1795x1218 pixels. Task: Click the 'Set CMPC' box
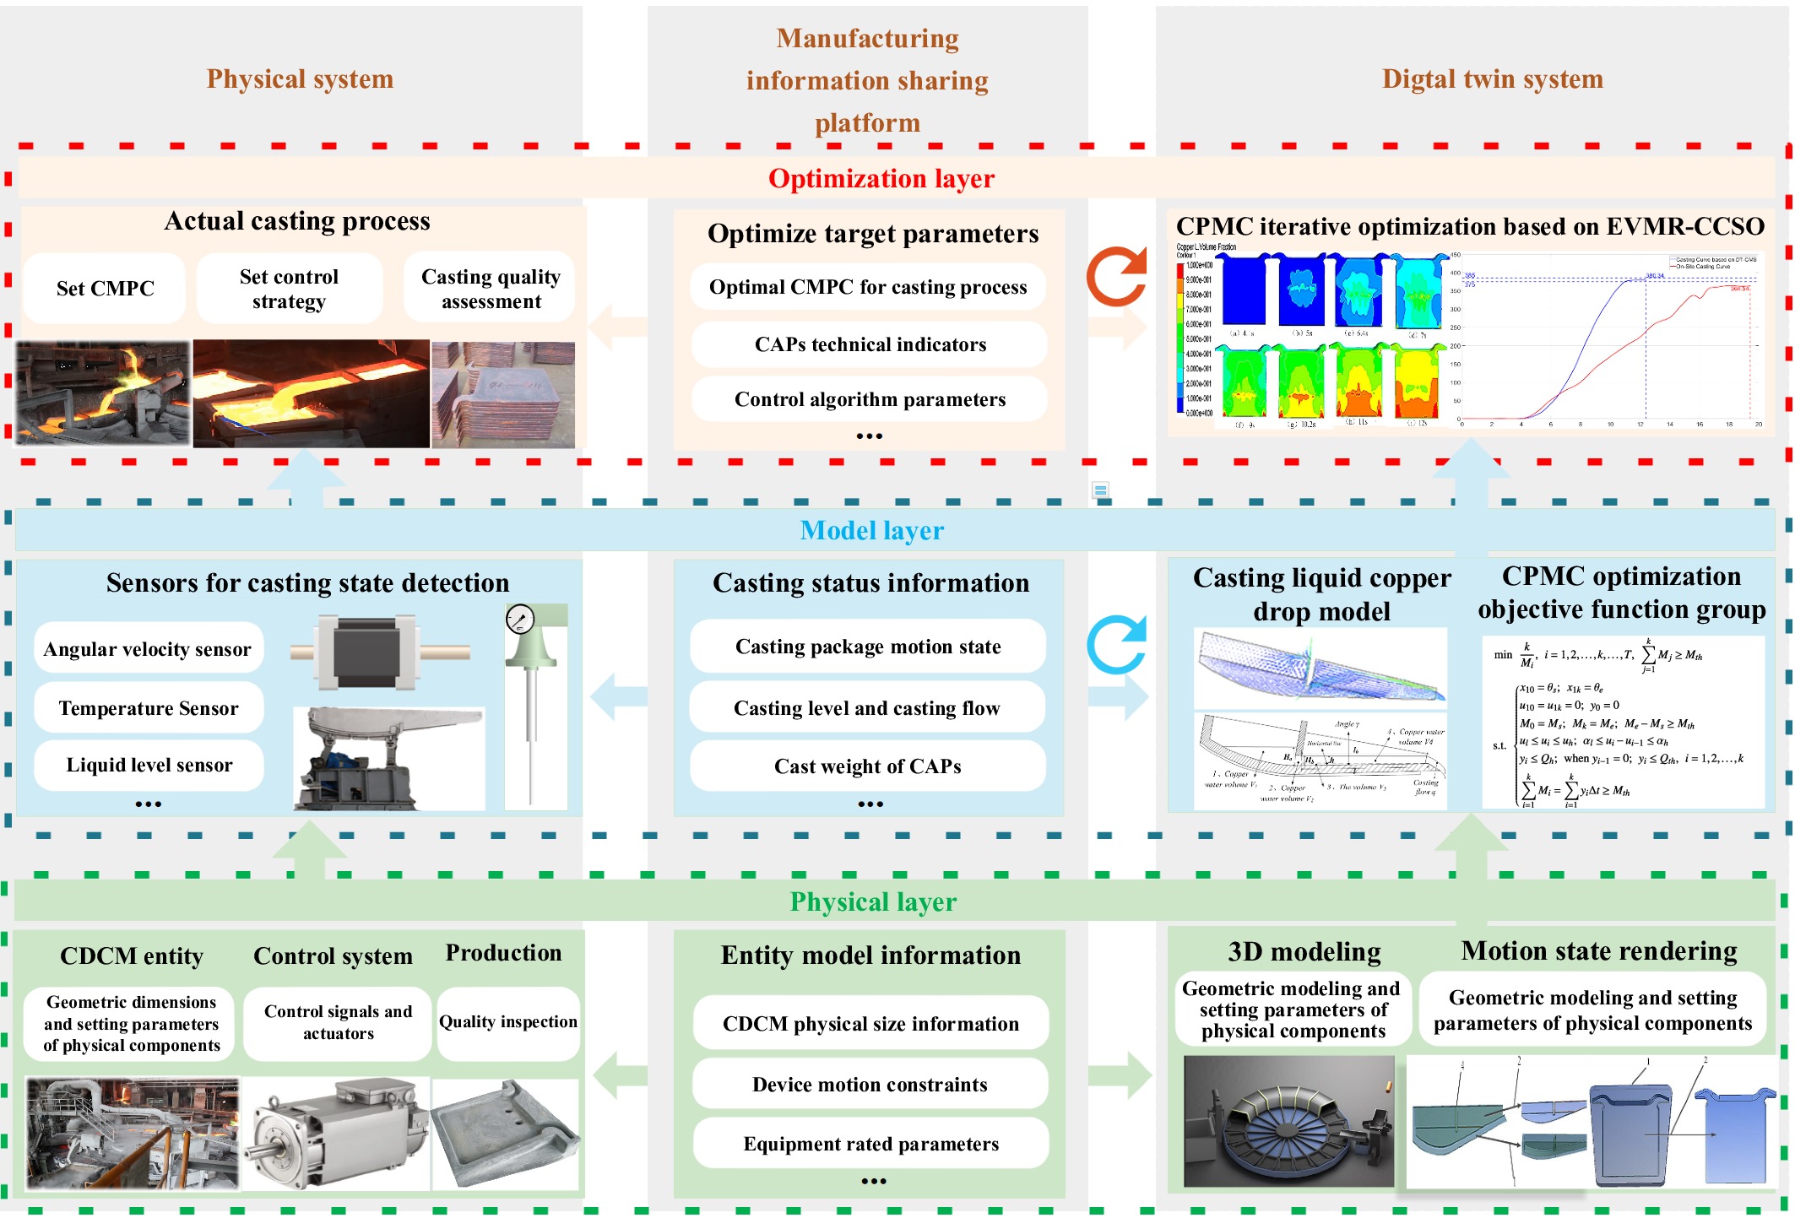click(105, 289)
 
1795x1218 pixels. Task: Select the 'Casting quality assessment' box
click(491, 289)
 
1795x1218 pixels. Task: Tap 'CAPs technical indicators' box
click(870, 344)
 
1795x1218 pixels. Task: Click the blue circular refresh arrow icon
click(1116, 645)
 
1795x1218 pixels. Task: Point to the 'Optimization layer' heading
click(881, 179)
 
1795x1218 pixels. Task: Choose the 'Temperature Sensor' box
click(149, 708)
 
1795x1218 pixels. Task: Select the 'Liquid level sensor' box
click(149, 765)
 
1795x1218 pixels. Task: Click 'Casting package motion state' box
click(868, 647)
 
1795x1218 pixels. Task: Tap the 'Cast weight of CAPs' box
click(868, 766)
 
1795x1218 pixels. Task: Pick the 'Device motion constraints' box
click(870, 1085)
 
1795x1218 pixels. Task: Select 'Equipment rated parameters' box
click(870, 1144)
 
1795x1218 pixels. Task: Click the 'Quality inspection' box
click(508, 1022)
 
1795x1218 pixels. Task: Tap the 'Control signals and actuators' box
click(338, 1022)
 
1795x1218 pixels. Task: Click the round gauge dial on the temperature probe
click(520, 620)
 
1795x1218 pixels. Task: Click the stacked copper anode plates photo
click(504, 394)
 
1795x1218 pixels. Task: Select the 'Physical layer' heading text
click(873, 902)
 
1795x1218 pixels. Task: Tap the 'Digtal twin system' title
click(1492, 79)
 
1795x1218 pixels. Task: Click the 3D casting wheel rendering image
click(1288, 1122)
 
